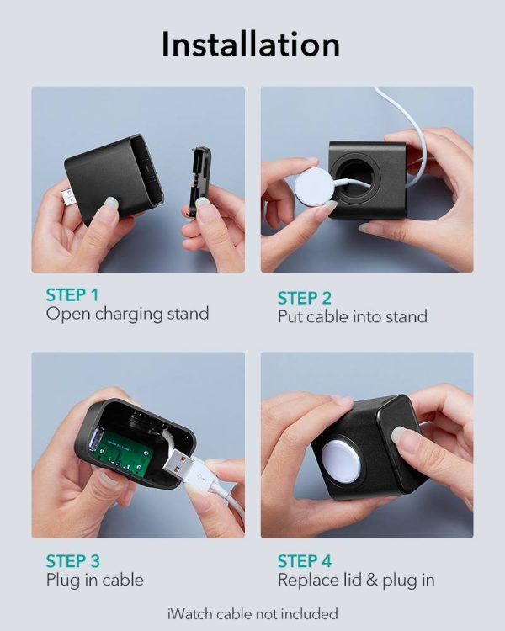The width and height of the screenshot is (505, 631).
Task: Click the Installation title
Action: [x=251, y=44]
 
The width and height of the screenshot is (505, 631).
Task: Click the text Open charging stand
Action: [x=127, y=315]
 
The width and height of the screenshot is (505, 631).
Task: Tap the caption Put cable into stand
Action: [x=353, y=317]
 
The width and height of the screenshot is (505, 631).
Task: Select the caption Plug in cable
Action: [x=94, y=581]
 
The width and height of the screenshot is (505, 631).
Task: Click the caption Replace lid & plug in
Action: [x=356, y=581]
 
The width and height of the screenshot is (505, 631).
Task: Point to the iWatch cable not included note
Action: [x=252, y=612]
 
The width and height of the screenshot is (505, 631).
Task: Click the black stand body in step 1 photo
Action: [x=119, y=178]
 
